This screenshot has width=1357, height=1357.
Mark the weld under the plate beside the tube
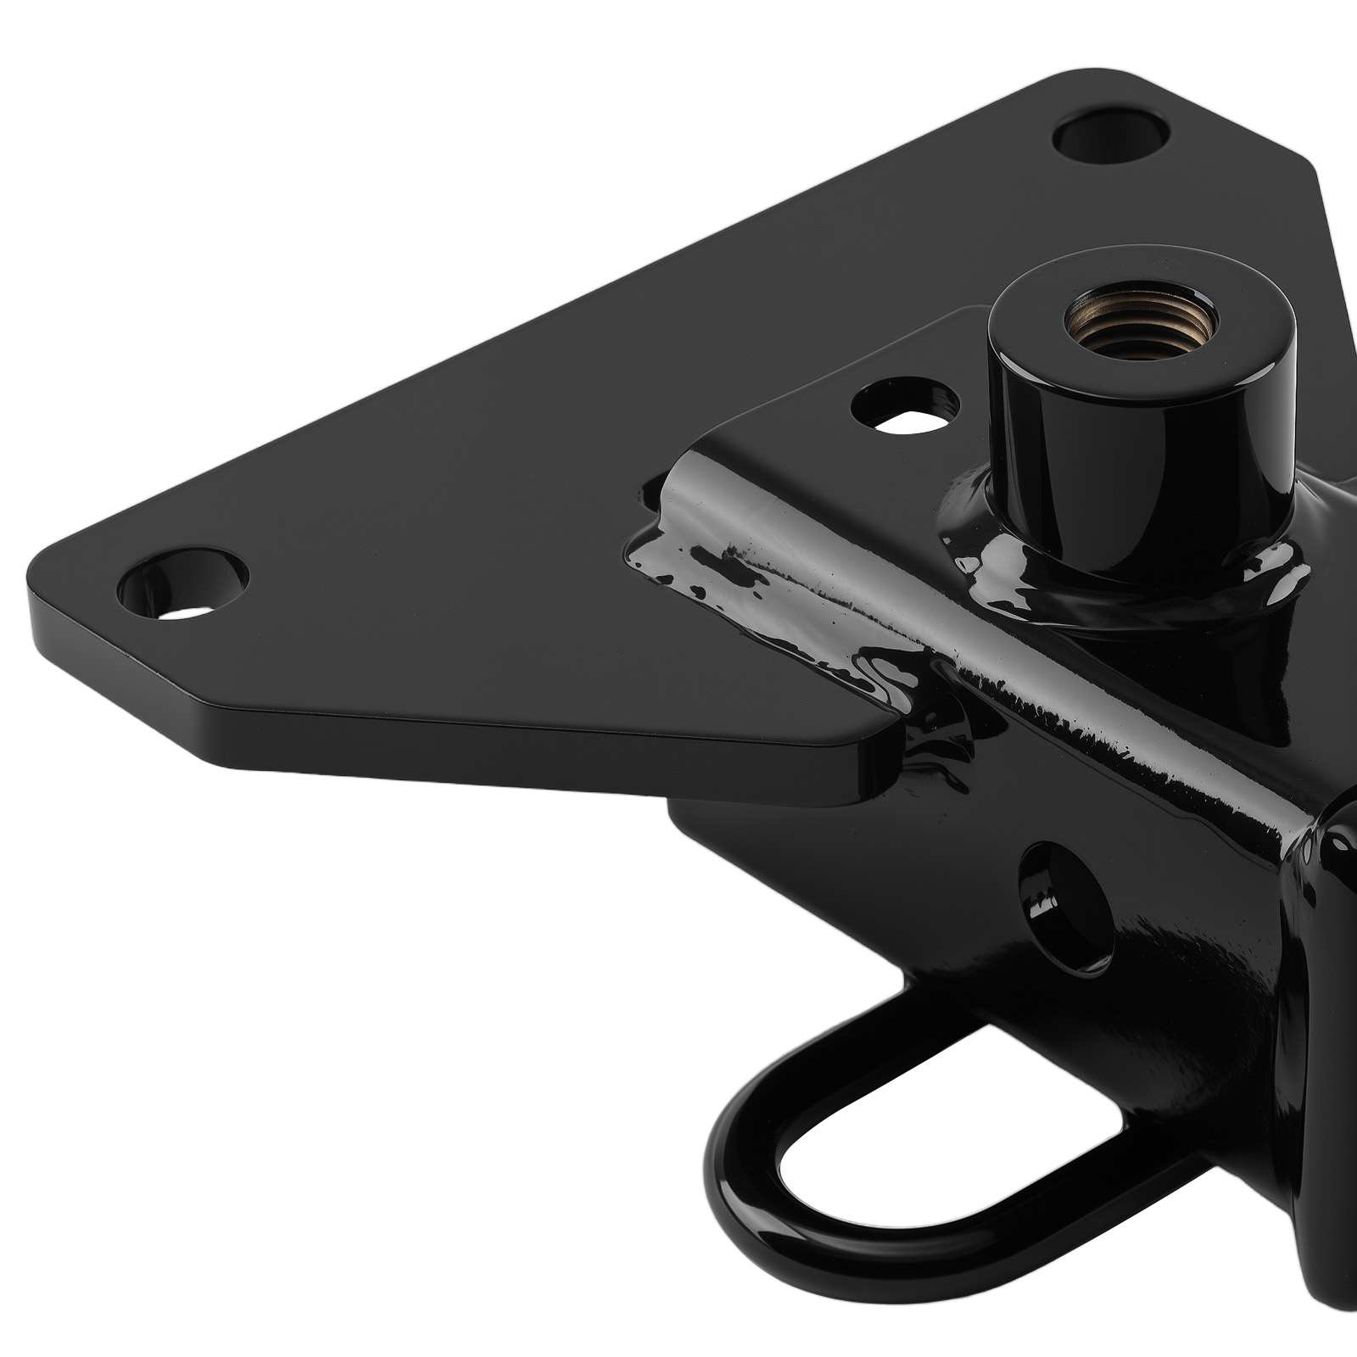coord(933,746)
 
